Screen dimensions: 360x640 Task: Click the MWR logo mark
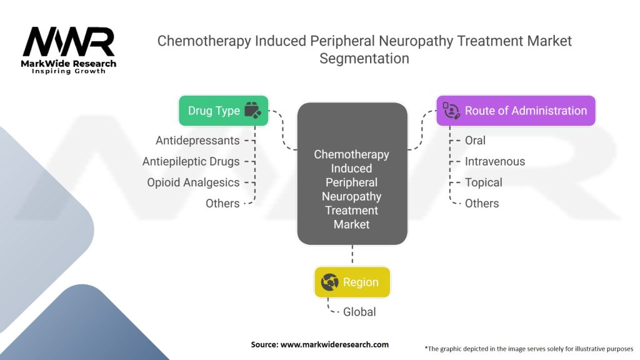[x=69, y=42]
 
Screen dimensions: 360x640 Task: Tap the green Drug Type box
[x=223, y=111]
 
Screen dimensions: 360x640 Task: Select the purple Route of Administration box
[x=516, y=111]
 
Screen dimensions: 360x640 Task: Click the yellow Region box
[x=352, y=282]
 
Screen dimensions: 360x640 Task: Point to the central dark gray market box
[x=352, y=175]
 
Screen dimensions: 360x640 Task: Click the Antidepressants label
[x=197, y=141]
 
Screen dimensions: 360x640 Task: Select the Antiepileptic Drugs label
[x=191, y=161]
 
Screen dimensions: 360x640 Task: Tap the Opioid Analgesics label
[x=193, y=182]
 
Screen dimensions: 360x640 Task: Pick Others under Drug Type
[x=222, y=203]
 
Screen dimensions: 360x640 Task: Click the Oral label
[x=475, y=141]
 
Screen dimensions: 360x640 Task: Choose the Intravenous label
[x=495, y=161]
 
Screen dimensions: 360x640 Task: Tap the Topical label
[x=483, y=182]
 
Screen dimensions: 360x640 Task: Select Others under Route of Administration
[x=482, y=203]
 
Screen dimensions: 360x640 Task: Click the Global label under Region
[x=359, y=311]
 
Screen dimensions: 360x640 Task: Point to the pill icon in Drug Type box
[x=252, y=111]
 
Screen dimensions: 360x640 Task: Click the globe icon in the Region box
[x=329, y=282]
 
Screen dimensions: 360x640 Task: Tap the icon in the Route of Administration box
[x=451, y=111]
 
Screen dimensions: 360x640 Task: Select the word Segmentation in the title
[x=364, y=59]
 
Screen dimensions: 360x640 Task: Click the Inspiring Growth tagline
[x=69, y=72]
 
